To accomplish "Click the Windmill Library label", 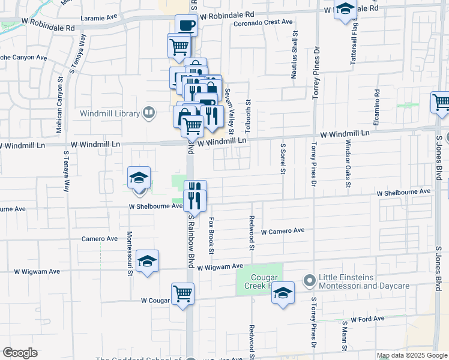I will pyautogui.click(x=110, y=113).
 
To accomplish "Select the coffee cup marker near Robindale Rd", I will pyautogui.click(x=186, y=26).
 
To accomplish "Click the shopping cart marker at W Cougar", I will pyautogui.click(x=183, y=294).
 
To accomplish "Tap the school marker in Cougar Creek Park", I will pyautogui.click(x=283, y=293).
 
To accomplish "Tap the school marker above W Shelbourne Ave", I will pyautogui.click(x=139, y=178).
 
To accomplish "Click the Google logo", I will pyautogui.click(x=20, y=352).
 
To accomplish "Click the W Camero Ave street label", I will pyautogui.click(x=283, y=231).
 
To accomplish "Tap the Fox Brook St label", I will pyautogui.click(x=211, y=235).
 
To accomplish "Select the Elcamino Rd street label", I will pyautogui.click(x=378, y=108).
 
